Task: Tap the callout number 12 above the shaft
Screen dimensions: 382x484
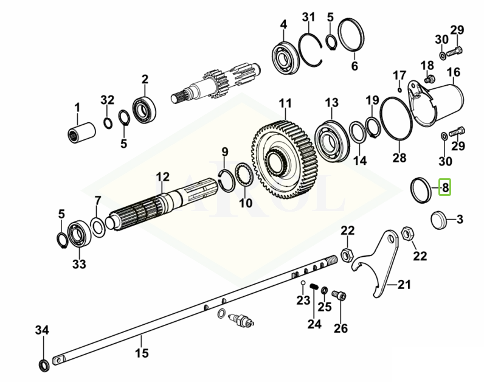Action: (x=162, y=177)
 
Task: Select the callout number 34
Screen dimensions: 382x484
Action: (x=41, y=330)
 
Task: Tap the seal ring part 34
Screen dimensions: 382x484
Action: (x=44, y=364)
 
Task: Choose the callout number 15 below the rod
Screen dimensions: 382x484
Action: (x=141, y=353)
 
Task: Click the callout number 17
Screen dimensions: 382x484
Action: (x=399, y=75)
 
